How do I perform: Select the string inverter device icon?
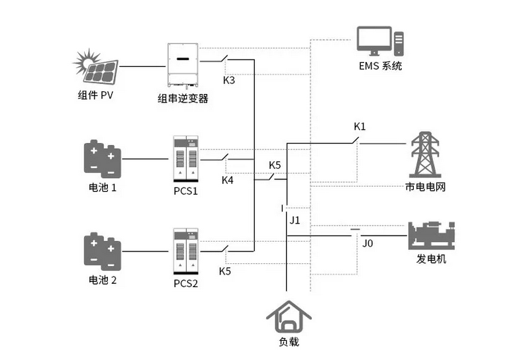click(183, 65)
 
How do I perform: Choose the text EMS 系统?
click(379, 66)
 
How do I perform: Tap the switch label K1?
click(359, 126)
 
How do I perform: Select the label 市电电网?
click(425, 187)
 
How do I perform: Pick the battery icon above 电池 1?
click(102, 158)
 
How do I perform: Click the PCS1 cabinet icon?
click(185, 159)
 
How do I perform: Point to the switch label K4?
click(227, 179)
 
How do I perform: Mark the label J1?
click(295, 220)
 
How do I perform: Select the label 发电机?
click(431, 259)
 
